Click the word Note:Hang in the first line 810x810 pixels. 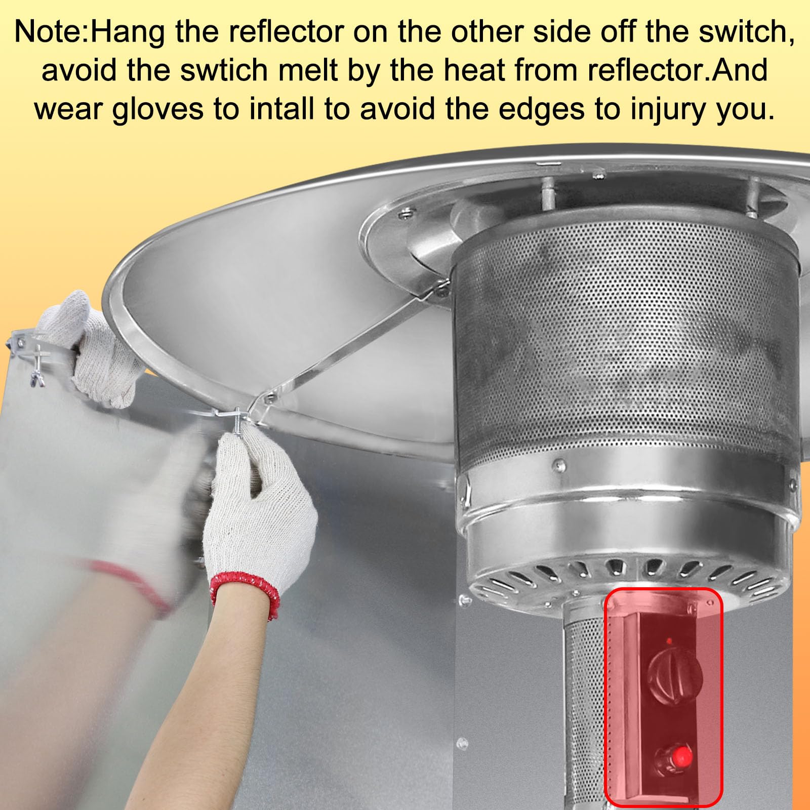tap(89, 31)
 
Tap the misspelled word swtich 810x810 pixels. tap(224, 70)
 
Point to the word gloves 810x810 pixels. tap(157, 109)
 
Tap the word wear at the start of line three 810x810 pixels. tap(68, 109)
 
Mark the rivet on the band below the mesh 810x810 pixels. tap(559, 464)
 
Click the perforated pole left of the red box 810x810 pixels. tap(582, 709)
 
